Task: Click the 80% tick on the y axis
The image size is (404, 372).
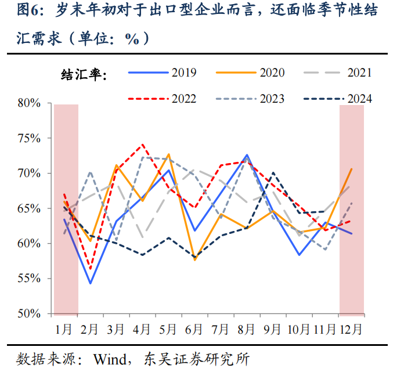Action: (28, 103)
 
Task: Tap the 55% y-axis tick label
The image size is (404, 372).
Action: (28, 279)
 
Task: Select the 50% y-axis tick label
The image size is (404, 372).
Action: (28, 314)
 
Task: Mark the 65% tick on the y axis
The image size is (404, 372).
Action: (28, 208)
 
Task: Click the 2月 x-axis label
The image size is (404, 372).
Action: (90, 329)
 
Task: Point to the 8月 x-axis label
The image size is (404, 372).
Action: (247, 329)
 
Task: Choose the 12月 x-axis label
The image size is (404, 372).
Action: (351, 329)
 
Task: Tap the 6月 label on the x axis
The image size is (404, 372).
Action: (194, 329)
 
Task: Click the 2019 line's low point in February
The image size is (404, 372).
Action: (91, 283)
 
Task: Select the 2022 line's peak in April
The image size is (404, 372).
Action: (143, 145)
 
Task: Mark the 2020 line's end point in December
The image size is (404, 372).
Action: (351, 169)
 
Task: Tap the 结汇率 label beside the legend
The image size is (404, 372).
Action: (84, 74)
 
